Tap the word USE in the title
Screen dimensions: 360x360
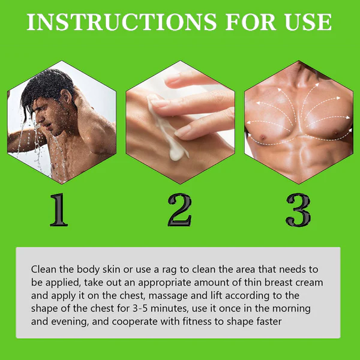pyautogui.click(x=308, y=22)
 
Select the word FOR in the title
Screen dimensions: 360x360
pyautogui.click(x=251, y=22)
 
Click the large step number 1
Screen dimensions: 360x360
pyautogui.click(x=59, y=209)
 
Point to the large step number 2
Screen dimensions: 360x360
pyautogui.click(x=180, y=209)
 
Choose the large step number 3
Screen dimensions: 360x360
pyautogui.click(x=298, y=210)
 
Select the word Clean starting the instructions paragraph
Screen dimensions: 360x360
pyautogui.click(x=44, y=269)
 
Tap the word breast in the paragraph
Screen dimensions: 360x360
pyautogui.click(x=278, y=282)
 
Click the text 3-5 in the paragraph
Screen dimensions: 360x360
pyautogui.click(x=140, y=308)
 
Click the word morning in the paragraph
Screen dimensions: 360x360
pyautogui.click(x=292, y=309)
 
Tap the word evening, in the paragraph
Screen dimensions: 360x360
pyautogui.click(x=70, y=322)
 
